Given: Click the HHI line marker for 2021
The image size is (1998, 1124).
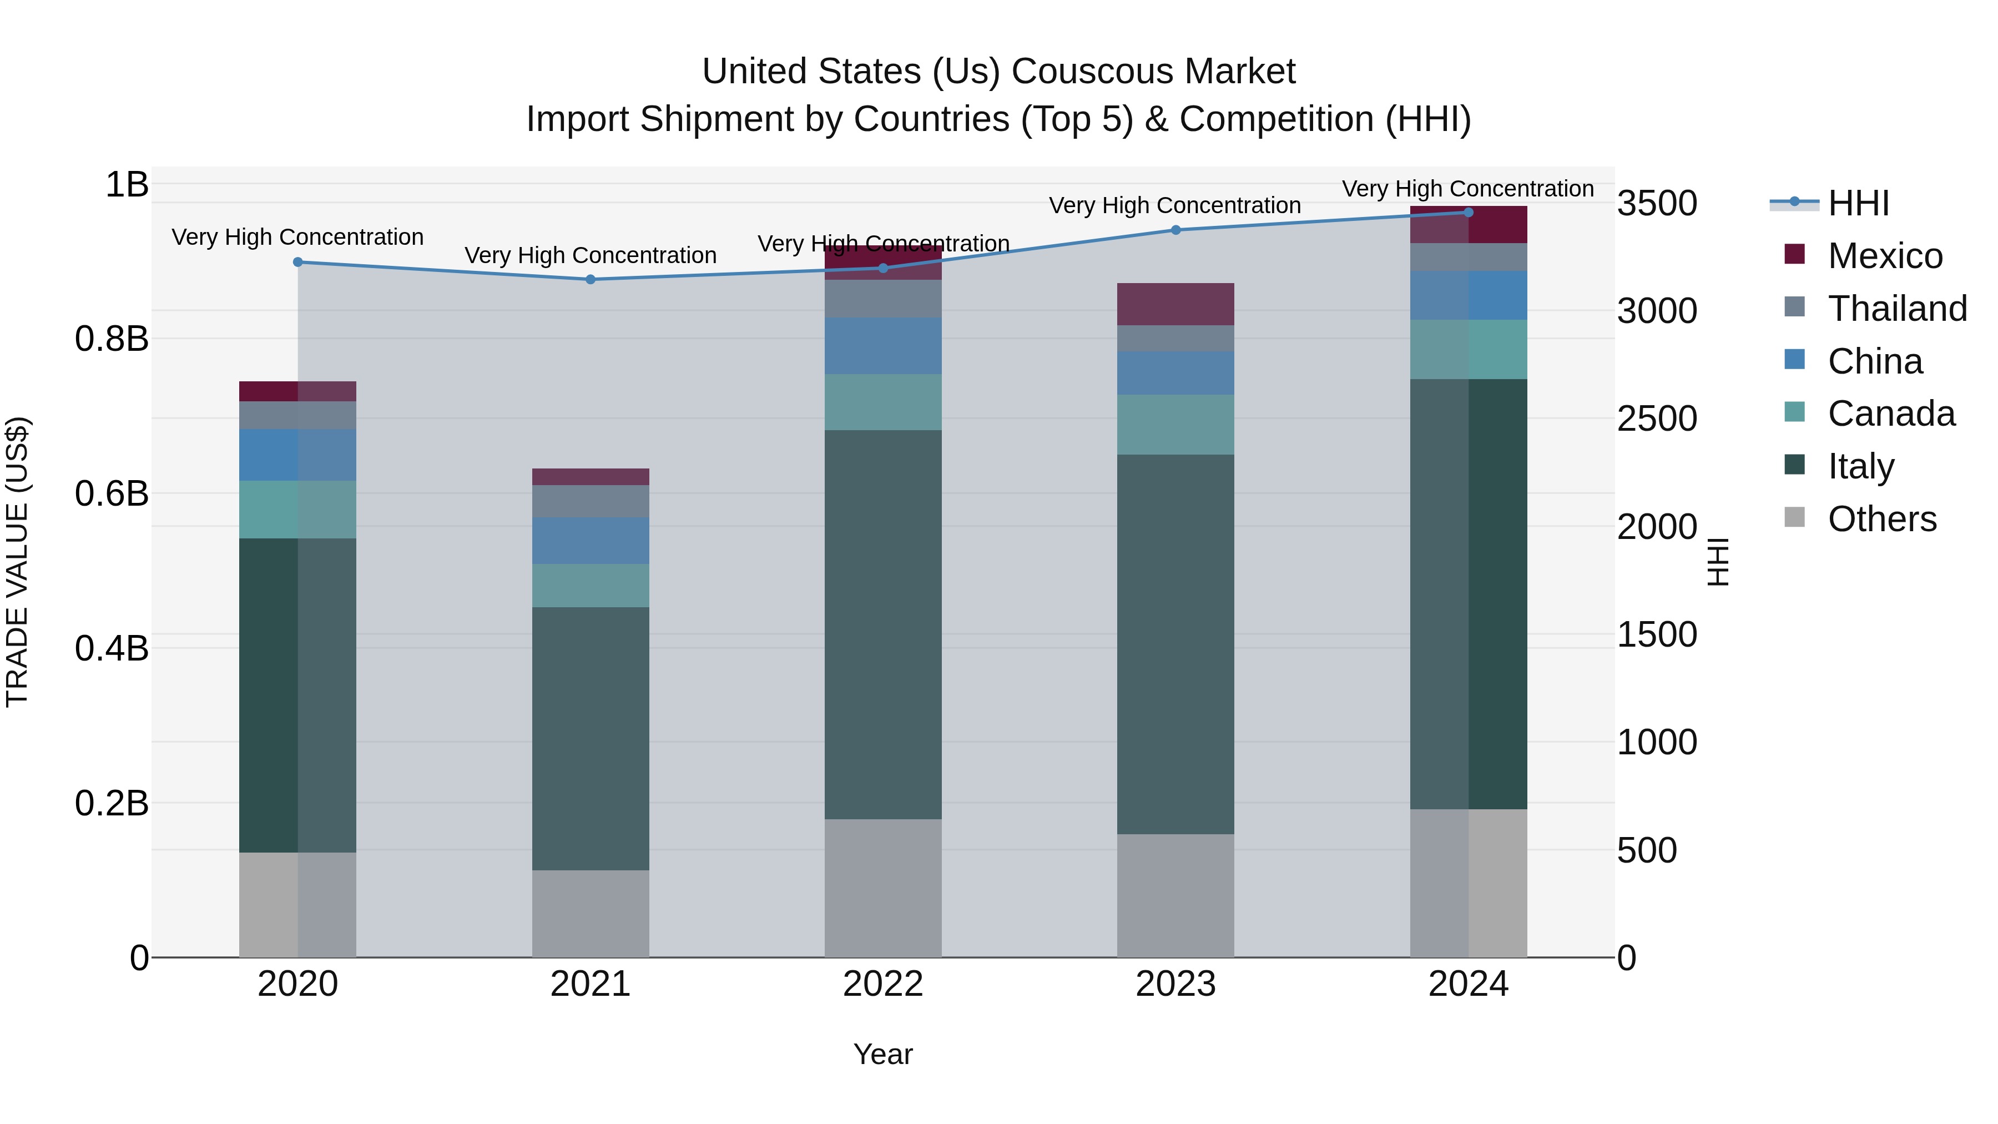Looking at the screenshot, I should (x=591, y=279).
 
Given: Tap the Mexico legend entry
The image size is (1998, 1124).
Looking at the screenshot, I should (x=1884, y=256).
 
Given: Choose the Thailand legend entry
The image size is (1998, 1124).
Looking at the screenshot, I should (x=1896, y=309).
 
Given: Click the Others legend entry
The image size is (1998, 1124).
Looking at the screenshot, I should (x=1881, y=519).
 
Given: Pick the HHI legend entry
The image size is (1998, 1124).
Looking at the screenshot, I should (x=1858, y=203).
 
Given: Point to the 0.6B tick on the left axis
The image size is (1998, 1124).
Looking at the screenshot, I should (x=112, y=493).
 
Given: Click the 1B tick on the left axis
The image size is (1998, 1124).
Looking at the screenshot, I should (x=127, y=185).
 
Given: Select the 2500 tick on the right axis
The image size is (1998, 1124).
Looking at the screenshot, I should (x=1657, y=419).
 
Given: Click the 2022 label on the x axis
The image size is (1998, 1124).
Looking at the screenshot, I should (x=882, y=984).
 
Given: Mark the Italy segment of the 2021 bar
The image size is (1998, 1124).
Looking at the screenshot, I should (x=591, y=738).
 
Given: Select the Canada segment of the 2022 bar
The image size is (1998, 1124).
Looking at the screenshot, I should (x=882, y=402).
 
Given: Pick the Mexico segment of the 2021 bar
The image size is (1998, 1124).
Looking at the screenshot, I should (x=591, y=476).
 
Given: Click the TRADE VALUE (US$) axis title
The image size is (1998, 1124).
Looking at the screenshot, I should (x=17, y=562).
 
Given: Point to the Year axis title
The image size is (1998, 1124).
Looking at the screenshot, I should (x=882, y=1054).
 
